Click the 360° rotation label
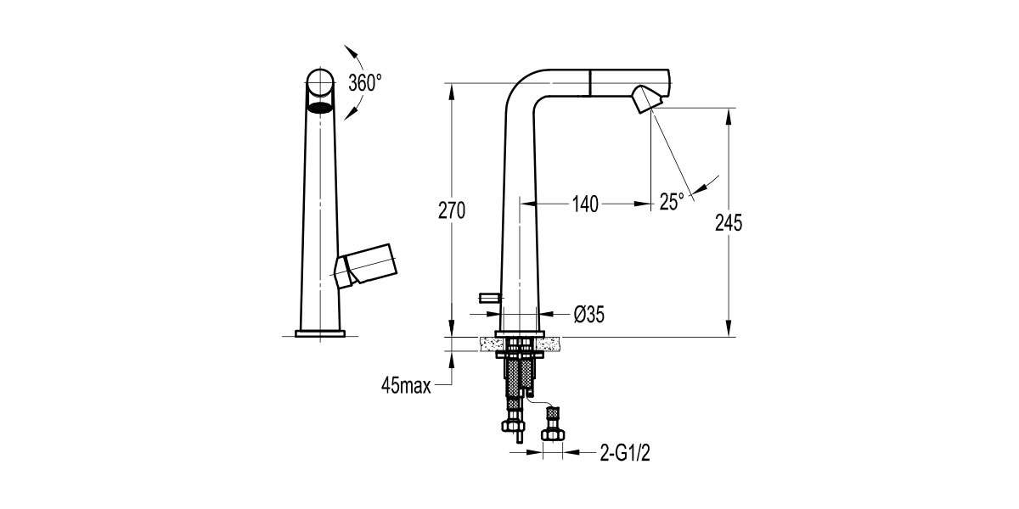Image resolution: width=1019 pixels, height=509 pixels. (365, 83)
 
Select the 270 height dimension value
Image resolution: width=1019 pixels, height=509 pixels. (451, 211)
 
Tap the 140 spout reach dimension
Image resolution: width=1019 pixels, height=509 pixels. (585, 204)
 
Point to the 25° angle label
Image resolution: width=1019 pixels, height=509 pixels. (672, 202)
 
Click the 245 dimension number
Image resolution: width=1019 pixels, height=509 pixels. (729, 223)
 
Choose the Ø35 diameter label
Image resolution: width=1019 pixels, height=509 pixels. (588, 315)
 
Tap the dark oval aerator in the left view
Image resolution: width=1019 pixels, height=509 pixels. (320, 108)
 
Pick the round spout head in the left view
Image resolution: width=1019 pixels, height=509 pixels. (320, 83)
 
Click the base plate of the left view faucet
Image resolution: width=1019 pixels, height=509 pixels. (320, 333)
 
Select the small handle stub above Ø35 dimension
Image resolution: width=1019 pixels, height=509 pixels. (491, 296)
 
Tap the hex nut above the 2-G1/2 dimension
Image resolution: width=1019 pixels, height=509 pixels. (553, 434)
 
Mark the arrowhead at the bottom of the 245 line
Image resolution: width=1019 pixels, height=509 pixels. (729, 332)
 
